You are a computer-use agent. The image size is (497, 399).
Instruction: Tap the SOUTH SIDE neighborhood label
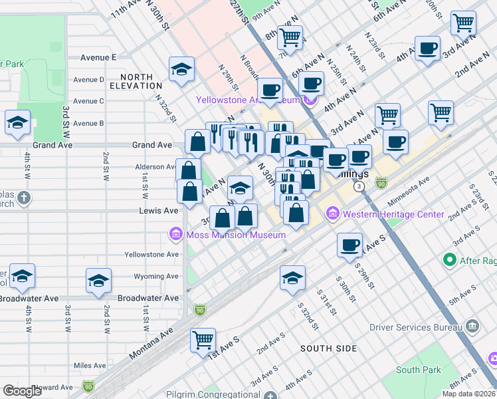click(x=328, y=348)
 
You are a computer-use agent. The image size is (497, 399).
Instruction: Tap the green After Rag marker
click(x=450, y=261)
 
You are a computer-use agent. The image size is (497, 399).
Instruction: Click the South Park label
click(x=417, y=370)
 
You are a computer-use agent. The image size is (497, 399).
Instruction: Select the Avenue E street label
click(x=99, y=58)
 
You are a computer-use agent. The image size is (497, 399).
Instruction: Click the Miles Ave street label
click(x=90, y=366)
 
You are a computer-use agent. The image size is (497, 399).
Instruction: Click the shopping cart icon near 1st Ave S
click(x=203, y=340)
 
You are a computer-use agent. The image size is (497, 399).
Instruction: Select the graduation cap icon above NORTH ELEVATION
click(x=180, y=69)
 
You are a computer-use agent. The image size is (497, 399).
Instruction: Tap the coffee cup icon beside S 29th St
click(x=349, y=245)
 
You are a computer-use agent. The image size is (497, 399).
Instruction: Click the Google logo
click(x=22, y=391)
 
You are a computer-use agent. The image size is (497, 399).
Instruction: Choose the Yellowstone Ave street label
click(x=151, y=255)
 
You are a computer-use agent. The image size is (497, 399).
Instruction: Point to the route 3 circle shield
click(x=359, y=187)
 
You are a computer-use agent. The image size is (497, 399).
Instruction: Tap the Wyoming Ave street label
click(x=157, y=276)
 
